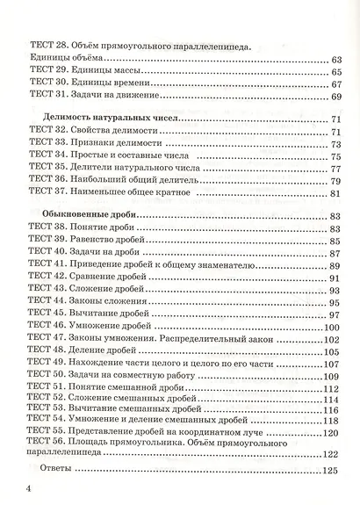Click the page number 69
[334, 96]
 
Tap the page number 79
[334, 179]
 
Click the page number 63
[334, 59]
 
